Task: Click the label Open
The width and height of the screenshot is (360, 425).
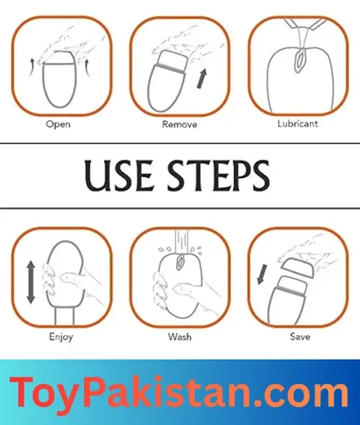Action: [x=58, y=124]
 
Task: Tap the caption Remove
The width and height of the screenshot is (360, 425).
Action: [x=179, y=124]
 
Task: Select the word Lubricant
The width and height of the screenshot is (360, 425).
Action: [x=298, y=123]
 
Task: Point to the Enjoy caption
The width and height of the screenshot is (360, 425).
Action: [x=61, y=337]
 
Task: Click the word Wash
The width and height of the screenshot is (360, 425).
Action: [x=179, y=337]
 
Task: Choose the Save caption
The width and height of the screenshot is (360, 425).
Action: [x=300, y=337]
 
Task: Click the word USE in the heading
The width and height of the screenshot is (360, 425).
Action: [x=119, y=175]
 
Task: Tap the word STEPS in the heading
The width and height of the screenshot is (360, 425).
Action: [x=218, y=175]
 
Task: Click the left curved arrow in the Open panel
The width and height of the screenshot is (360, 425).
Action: [x=32, y=66]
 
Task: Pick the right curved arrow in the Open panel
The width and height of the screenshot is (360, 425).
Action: [x=88, y=68]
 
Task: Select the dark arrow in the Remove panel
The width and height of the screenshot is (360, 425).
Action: [x=202, y=78]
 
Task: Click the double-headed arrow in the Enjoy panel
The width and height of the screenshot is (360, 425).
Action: [x=31, y=282]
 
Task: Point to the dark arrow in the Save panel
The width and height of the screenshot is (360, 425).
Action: [x=262, y=274]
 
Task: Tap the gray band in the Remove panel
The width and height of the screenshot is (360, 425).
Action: [x=170, y=69]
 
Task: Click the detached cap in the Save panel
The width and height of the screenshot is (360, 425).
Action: [x=298, y=267]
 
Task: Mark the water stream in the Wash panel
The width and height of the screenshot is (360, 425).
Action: [x=182, y=242]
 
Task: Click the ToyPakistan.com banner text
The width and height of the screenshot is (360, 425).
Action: [x=179, y=392]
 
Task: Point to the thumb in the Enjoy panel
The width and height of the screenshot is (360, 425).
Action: [x=71, y=279]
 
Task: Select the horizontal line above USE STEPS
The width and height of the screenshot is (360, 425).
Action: [x=180, y=143]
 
